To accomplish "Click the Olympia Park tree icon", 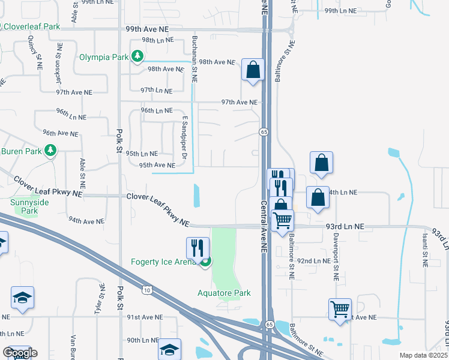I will coord(138,57).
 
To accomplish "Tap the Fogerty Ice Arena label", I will coord(164,262).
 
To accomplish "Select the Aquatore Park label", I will coord(224,293).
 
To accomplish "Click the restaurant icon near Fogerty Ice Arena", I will coord(197,247).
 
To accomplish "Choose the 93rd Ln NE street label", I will coord(346,226).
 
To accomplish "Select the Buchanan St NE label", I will coord(194,59).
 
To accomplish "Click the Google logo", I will coord(20,352).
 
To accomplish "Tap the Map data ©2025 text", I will coord(424,355).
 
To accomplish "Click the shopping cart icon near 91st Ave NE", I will coord(340,310).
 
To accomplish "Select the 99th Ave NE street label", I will coord(148,28).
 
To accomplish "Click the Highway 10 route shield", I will coord(147,290).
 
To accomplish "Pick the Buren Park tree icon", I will coord(52,150).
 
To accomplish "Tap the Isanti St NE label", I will coord(424,251).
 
